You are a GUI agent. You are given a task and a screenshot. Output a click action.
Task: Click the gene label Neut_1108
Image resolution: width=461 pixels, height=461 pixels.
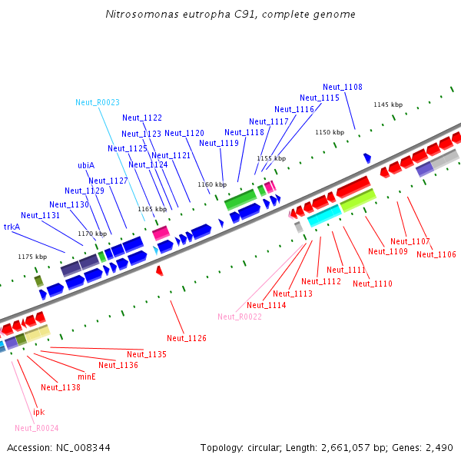342,87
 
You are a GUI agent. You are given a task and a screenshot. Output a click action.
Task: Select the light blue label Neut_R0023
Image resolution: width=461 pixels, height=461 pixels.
98,102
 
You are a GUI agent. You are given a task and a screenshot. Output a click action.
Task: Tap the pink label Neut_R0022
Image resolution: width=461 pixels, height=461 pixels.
240,317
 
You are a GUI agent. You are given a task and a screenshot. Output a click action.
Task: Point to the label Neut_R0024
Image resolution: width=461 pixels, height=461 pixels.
37,428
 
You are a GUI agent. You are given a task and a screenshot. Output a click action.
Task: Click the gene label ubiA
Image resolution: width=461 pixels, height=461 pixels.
86,165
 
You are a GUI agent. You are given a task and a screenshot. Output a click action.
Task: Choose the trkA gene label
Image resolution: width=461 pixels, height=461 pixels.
12,227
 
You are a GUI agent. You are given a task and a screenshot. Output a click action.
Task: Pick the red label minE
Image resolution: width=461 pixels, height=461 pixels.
87,376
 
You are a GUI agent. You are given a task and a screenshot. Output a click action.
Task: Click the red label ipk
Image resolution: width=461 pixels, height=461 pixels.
38,412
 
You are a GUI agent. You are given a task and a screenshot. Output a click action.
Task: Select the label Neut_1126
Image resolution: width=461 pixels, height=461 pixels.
187,338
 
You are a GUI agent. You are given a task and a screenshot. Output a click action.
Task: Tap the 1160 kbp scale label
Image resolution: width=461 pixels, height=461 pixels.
212,184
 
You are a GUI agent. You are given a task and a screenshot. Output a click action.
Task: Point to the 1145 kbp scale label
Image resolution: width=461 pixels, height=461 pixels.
388,104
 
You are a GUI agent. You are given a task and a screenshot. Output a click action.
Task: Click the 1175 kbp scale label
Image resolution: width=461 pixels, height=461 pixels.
32,257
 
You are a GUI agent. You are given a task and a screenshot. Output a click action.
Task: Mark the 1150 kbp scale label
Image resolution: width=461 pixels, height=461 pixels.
330,132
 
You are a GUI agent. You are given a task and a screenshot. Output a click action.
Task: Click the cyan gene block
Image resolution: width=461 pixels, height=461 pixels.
323,215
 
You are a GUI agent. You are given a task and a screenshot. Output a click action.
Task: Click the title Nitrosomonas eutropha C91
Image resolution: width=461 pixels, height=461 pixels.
230,14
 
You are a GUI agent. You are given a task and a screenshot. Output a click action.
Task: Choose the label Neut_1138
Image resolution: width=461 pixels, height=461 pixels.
61,387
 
